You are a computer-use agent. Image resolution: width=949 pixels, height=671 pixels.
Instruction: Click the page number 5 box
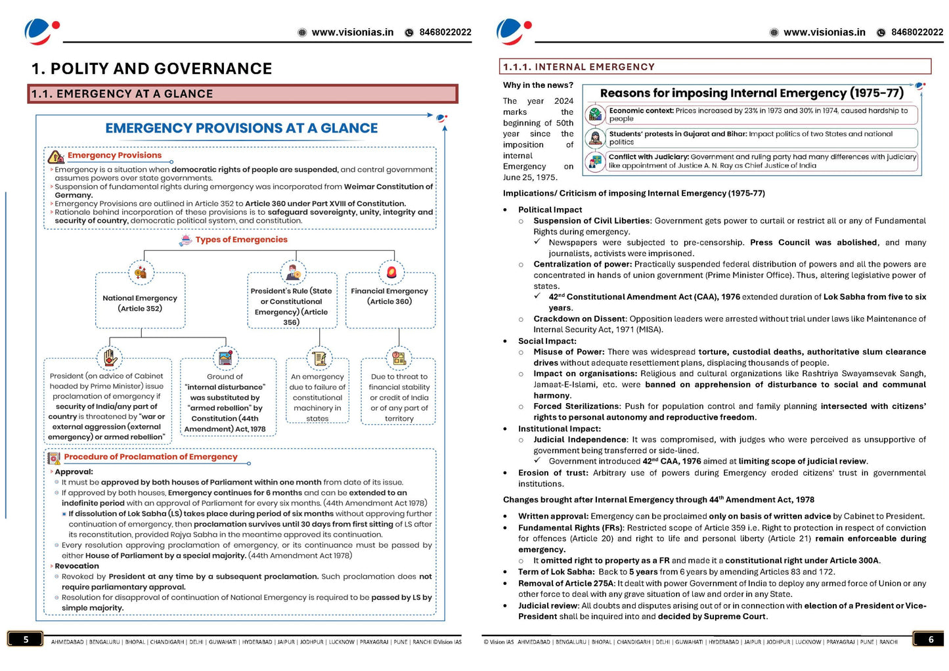pyautogui.click(x=26, y=639)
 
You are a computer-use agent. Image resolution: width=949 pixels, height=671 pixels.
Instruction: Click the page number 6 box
pyautogui.click(x=930, y=639)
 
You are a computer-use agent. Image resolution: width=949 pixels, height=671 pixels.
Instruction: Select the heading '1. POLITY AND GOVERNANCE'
pyautogui.click(x=152, y=69)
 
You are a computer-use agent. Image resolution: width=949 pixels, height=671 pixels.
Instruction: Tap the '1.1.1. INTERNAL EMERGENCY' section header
pyautogui.click(x=579, y=67)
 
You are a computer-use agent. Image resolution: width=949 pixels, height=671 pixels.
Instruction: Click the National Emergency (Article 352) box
pyautogui.click(x=140, y=303)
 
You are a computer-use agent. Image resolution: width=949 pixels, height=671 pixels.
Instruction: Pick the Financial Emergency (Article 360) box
pyautogui.click(x=389, y=296)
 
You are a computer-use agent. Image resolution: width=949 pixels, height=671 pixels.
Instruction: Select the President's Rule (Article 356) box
pyautogui.click(x=291, y=306)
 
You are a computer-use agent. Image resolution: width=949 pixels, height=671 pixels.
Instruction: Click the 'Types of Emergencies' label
pyautogui.click(x=241, y=240)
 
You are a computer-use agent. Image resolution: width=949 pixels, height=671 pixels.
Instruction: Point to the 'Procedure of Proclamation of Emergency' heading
pyautogui.click(x=150, y=457)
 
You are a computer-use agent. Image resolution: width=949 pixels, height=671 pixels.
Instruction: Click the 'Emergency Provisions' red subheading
pyautogui.click(x=114, y=156)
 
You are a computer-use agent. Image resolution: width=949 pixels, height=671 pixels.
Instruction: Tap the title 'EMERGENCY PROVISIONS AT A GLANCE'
pyautogui.click(x=241, y=129)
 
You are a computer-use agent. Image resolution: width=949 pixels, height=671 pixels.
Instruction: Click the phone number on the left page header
pyautogui.click(x=445, y=32)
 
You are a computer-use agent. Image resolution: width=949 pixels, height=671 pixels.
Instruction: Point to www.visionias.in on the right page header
pyautogui.click(x=824, y=32)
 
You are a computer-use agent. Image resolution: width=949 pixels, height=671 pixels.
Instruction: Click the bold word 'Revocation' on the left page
pyautogui.click(x=77, y=566)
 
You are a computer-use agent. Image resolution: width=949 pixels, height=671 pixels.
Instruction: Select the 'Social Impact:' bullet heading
pyautogui.click(x=547, y=341)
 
